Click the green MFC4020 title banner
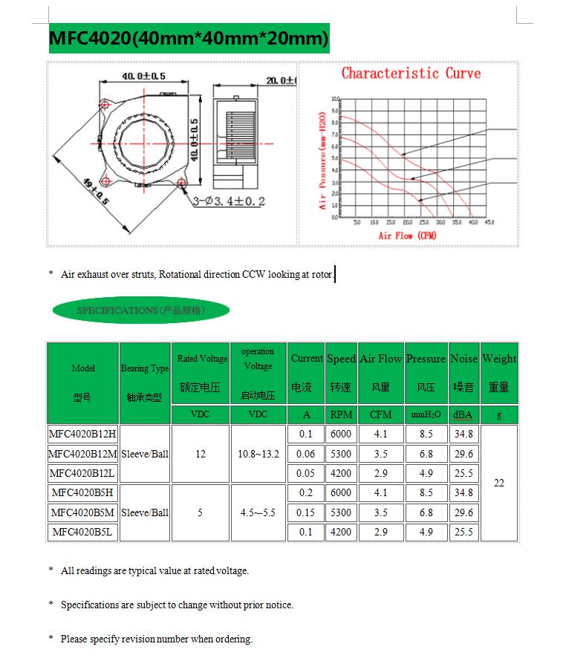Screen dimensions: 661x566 tap(189, 38)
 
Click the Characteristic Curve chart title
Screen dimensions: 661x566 tap(411, 74)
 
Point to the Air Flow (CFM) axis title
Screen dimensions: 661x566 tap(407, 235)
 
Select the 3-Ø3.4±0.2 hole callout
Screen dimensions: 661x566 tap(229, 201)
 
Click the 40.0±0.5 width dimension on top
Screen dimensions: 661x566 tap(143, 76)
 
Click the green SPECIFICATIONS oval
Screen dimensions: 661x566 tap(140, 310)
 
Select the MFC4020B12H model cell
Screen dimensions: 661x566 tap(82, 434)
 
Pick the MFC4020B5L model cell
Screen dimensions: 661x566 tap(82, 532)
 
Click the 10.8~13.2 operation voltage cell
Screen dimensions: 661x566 tap(258, 454)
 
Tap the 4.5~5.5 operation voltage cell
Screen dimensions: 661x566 tap(258, 512)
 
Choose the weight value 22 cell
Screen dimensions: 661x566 tap(498, 483)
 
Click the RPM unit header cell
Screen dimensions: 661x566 tap(341, 414)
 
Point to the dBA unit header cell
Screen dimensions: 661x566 tap(463, 414)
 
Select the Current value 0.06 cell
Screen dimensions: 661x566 tap(306, 454)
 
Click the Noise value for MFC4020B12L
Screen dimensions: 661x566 tap(463, 473)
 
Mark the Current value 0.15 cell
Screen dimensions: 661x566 tap(306, 512)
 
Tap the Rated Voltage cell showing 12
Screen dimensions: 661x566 tap(201, 454)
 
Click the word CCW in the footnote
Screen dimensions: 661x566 tap(253, 275)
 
